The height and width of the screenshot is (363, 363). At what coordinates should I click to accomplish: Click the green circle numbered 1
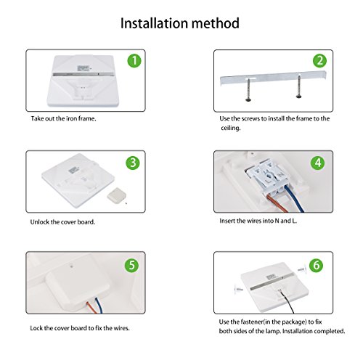[x=134, y=61]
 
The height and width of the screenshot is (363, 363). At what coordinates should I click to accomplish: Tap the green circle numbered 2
[x=319, y=61]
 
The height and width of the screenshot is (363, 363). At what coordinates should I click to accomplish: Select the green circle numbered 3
[x=133, y=163]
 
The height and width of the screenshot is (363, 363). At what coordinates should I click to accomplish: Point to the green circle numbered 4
[x=318, y=163]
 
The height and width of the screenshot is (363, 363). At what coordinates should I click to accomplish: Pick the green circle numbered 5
[x=131, y=265]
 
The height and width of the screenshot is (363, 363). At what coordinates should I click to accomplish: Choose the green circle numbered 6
[x=317, y=265]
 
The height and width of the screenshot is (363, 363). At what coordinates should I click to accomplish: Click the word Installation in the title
[x=154, y=23]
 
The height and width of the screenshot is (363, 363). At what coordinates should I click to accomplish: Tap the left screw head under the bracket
[x=249, y=99]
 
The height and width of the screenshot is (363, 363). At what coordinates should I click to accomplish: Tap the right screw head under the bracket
[x=299, y=97]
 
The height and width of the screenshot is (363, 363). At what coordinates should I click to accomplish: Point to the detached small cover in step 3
[x=116, y=195]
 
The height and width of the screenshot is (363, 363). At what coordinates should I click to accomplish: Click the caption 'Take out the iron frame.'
[x=63, y=118]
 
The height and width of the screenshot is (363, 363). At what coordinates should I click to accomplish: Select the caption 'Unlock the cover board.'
[x=62, y=222]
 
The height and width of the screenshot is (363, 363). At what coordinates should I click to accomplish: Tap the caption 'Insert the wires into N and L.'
[x=258, y=221]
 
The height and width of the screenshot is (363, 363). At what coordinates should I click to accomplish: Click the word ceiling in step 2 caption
[x=231, y=128]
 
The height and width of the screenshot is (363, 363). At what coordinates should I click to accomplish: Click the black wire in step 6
[x=288, y=301]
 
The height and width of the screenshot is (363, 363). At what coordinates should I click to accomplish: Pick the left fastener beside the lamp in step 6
[x=239, y=289]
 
